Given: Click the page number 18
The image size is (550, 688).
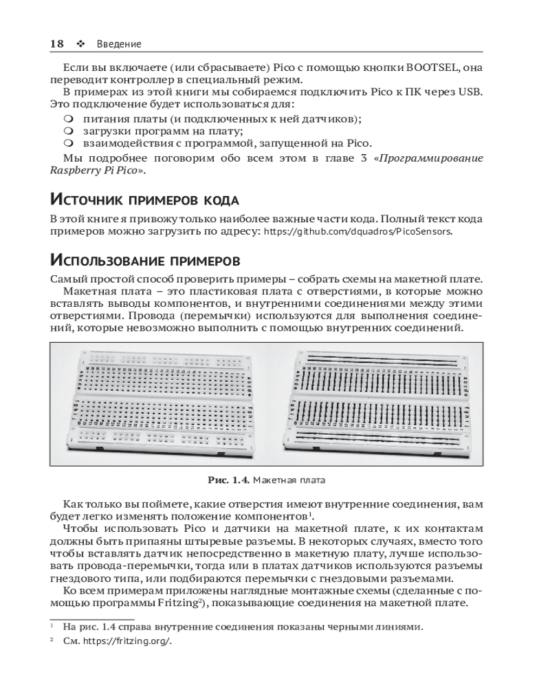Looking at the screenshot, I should tap(57, 43).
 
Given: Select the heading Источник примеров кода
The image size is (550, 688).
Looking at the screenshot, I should tap(144, 200).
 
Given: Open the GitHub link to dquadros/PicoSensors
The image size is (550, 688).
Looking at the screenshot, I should tap(358, 232).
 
